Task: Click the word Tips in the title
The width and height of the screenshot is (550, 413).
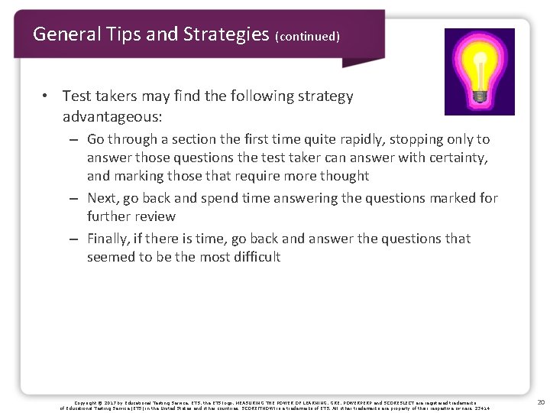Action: coord(115,34)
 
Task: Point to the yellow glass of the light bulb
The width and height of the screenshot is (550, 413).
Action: coord(479,60)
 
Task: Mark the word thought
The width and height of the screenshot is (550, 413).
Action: coord(341,175)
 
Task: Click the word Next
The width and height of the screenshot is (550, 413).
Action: coord(103,198)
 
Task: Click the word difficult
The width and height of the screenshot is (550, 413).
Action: coord(254,257)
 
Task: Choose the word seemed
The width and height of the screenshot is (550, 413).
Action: coord(110,257)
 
